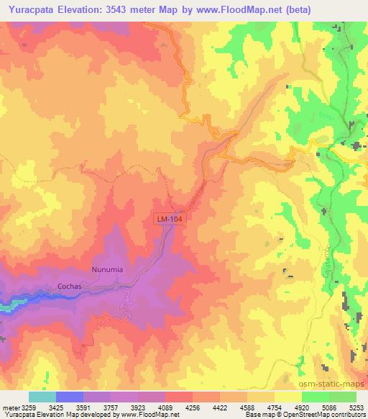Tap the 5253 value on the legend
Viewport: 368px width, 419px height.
[357, 407]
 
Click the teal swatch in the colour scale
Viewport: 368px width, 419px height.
[42, 397]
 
